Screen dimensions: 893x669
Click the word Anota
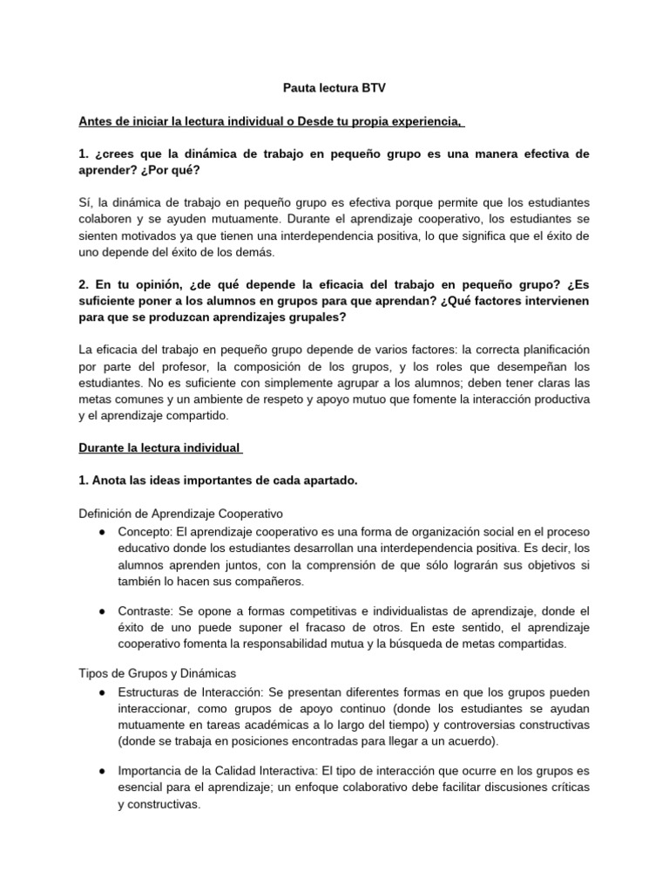(x=111, y=481)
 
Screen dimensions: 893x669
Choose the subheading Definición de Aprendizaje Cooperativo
(x=181, y=514)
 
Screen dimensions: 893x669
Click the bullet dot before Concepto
(x=103, y=531)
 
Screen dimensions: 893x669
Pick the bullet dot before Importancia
(x=103, y=772)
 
